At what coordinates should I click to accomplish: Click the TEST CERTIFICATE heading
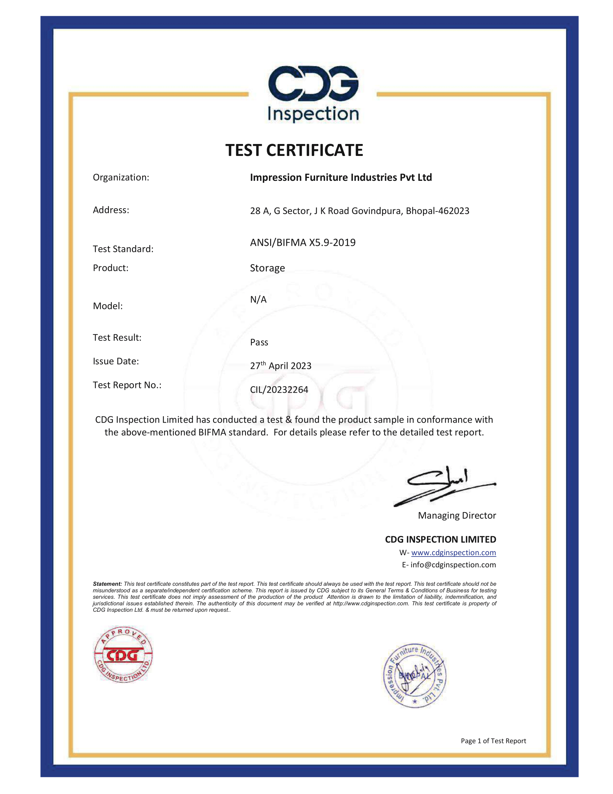294,150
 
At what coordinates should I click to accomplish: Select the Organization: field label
121,178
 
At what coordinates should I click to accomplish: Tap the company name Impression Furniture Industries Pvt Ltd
341,178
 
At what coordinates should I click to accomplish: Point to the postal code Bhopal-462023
437,211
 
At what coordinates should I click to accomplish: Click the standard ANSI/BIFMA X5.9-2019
303,243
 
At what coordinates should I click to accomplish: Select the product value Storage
267,268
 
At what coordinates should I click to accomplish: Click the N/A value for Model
258,300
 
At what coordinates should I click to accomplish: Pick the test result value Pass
259,343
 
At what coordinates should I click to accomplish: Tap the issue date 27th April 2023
280,366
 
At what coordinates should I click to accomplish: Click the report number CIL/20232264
279,390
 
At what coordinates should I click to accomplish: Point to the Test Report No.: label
127,385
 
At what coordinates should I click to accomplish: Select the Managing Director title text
457,515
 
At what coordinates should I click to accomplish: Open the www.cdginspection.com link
453,553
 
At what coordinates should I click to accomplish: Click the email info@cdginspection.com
453,564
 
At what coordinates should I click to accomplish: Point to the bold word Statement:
107,584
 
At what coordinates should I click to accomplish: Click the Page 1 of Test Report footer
493,741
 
